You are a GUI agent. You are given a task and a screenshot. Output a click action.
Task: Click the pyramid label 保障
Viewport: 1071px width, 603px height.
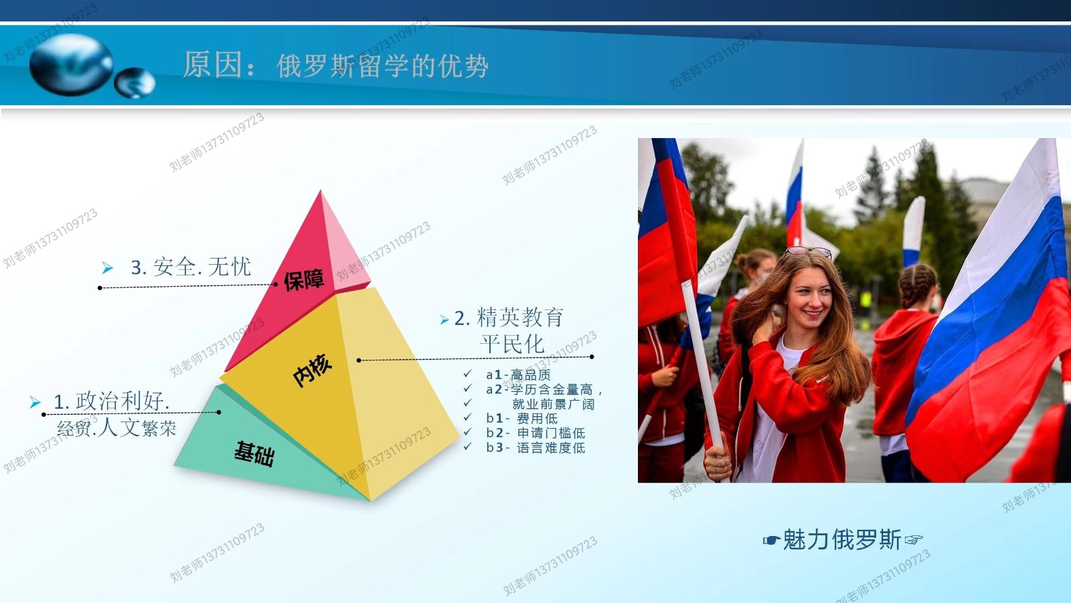point(304,280)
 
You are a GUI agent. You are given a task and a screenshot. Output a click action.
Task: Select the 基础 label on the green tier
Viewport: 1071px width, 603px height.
point(254,454)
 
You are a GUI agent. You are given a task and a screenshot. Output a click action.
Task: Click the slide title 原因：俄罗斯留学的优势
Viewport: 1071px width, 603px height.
point(335,65)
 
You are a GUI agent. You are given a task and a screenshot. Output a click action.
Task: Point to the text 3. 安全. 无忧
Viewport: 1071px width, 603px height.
point(191,267)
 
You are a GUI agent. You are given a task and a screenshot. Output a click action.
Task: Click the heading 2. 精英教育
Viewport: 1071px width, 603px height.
point(509,318)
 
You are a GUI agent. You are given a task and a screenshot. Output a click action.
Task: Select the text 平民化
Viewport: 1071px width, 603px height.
point(512,344)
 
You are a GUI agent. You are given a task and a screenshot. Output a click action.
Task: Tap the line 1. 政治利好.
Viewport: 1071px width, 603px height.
point(111,401)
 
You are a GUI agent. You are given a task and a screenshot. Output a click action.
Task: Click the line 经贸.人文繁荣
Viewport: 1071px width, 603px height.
point(116,428)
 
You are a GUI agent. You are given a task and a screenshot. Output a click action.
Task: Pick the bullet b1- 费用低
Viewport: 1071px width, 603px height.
point(521,419)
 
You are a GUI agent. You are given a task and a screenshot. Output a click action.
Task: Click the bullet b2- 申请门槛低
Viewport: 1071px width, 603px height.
point(535,433)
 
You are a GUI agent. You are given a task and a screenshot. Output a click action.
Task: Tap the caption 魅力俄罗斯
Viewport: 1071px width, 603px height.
point(842,540)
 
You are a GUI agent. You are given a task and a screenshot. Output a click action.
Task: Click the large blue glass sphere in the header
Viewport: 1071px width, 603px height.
point(71,64)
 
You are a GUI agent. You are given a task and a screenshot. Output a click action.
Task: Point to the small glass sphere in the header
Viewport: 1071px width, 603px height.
point(135,83)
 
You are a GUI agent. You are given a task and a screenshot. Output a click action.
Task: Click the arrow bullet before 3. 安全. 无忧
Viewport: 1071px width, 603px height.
point(108,268)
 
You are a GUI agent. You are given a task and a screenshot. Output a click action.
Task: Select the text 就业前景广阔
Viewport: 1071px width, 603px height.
point(553,405)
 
